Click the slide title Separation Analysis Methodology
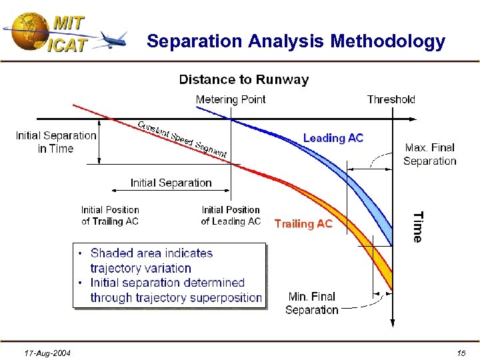pos(295,41)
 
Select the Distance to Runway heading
pos(243,80)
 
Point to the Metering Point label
pos(230,99)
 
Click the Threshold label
pos(391,99)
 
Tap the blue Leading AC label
pos(333,138)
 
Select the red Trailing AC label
pos(303,224)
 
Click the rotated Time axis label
pos(417,227)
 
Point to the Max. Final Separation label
pos(429,154)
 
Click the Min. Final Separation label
pos(311,303)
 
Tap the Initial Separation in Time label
pos(56,142)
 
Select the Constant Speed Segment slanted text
pos(182,139)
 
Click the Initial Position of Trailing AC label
pos(110,215)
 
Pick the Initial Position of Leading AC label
pos(231,215)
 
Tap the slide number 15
pos(461,352)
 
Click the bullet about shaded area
pos(151,261)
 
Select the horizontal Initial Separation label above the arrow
pos(171,183)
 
